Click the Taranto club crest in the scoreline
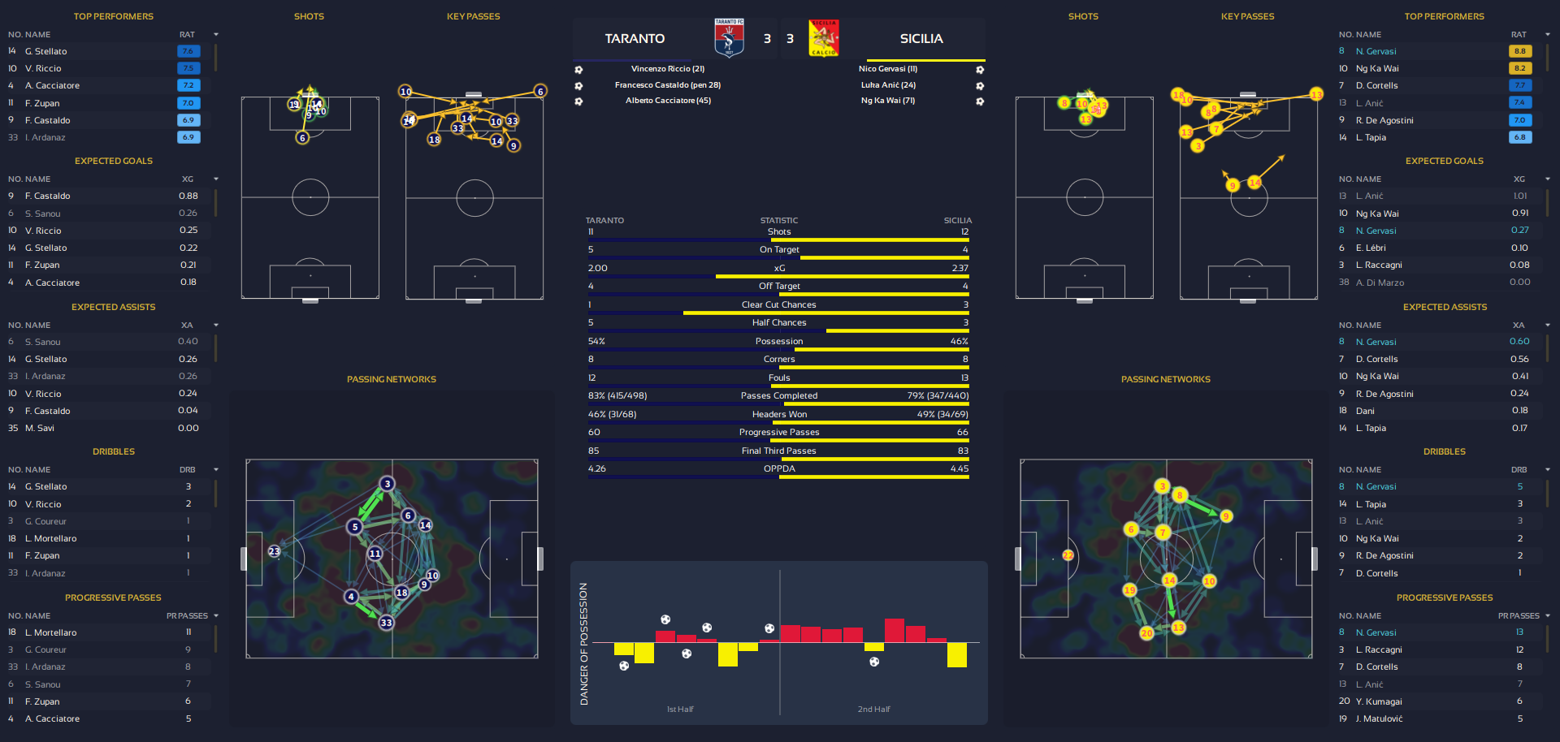729,38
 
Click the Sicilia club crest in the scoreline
824,38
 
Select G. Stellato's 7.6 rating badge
188,51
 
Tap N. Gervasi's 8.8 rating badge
1519,51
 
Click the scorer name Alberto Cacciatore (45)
668,101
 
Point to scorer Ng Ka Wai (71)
888,101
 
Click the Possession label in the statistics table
778,341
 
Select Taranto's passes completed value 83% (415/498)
617,395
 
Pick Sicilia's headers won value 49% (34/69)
942,414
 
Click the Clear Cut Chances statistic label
778,304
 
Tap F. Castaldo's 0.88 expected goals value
188,196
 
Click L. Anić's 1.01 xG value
1519,196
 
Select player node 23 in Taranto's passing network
275,551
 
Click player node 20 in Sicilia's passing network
1146,632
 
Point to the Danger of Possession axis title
583,643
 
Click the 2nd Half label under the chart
873,709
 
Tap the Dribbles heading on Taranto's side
114,451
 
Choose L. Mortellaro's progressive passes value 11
188,632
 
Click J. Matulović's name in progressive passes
1379,718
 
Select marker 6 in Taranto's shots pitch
302,138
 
